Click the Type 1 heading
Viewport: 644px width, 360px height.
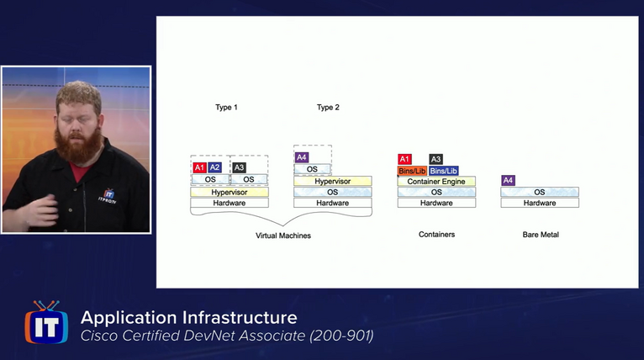pyautogui.click(x=226, y=108)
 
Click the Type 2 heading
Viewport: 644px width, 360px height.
pyautogui.click(x=328, y=108)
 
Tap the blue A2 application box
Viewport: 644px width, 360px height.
pyautogui.click(x=214, y=167)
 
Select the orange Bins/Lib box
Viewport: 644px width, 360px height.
pyautogui.click(x=412, y=171)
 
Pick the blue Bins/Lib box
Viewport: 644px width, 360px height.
pyautogui.click(x=443, y=171)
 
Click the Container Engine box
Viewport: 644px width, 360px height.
pyautogui.click(x=436, y=182)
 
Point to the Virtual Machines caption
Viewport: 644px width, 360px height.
pyautogui.click(x=283, y=236)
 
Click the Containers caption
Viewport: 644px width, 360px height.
pyautogui.click(x=436, y=235)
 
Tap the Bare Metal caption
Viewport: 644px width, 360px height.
pyautogui.click(x=540, y=235)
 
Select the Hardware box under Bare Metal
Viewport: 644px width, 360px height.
pyautogui.click(x=540, y=203)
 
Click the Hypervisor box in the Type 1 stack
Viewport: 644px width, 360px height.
pyautogui.click(x=229, y=192)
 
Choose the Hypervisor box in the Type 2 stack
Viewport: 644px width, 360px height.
pyautogui.click(x=332, y=181)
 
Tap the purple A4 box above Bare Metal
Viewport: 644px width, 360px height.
pyautogui.click(x=508, y=180)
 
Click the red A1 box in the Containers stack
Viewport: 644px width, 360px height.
pyautogui.click(x=404, y=159)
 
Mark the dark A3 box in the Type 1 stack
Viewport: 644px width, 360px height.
pyautogui.click(x=239, y=167)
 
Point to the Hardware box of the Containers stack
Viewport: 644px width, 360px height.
pyautogui.click(x=436, y=203)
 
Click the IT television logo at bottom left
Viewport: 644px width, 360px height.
pyautogui.click(x=46, y=322)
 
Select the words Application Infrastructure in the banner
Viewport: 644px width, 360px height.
pyautogui.click(x=188, y=317)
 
